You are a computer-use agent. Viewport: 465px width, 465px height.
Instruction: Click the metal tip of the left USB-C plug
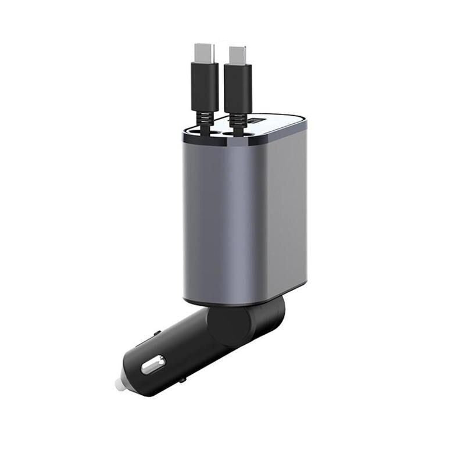click(x=205, y=53)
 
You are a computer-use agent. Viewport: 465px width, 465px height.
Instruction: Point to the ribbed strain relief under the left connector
click(x=205, y=124)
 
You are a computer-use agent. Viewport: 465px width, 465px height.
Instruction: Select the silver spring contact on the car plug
click(x=153, y=364)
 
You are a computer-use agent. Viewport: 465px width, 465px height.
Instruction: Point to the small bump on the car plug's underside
click(x=183, y=380)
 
